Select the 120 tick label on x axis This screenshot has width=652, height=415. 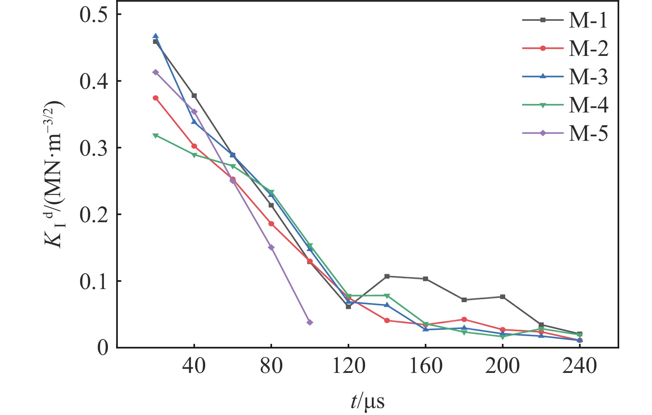[348, 366]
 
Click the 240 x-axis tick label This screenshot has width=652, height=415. [579, 366]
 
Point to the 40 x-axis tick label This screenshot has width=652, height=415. [194, 366]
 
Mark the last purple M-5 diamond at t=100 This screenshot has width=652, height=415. [310, 322]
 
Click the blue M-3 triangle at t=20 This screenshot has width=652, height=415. [156, 36]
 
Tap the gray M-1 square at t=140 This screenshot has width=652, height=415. [387, 276]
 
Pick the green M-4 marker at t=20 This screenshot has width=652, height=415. [156, 136]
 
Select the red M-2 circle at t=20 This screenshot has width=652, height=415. [156, 98]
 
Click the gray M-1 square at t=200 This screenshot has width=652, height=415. [502, 297]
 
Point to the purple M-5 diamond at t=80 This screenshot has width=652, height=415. [271, 247]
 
